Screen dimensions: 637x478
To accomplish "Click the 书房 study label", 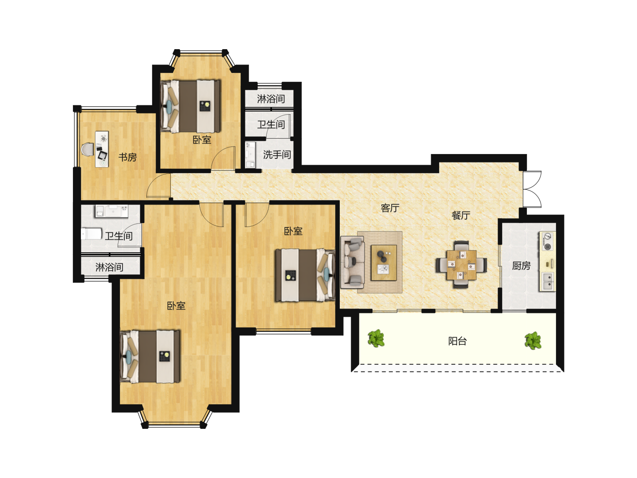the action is pyautogui.click(x=127, y=157).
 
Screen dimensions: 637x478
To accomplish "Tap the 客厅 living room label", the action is pyautogui.click(x=390, y=208).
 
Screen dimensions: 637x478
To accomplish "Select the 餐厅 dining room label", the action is pyautogui.click(x=461, y=215).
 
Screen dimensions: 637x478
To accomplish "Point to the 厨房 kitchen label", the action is pyautogui.click(x=521, y=266).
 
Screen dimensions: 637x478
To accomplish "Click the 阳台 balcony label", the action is pyautogui.click(x=457, y=341).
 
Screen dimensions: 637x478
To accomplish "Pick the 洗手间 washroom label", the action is pyautogui.click(x=277, y=155).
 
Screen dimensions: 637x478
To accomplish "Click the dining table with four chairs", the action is pyautogui.click(x=461, y=265).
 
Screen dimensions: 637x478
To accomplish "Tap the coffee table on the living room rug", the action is pyautogui.click(x=384, y=262).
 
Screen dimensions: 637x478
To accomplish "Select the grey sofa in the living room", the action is pyautogui.click(x=352, y=262).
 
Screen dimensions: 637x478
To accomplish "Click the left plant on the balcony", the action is pyautogui.click(x=376, y=338).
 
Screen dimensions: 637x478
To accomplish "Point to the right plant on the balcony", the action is pyautogui.click(x=533, y=341).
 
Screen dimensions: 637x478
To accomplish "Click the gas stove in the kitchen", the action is pyautogui.click(x=547, y=241).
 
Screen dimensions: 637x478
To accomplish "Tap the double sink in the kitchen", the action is pyautogui.click(x=547, y=281).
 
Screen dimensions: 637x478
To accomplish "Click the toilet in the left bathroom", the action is pyautogui.click(x=92, y=234).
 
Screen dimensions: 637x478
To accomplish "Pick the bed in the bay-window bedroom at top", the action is pyautogui.click(x=191, y=106).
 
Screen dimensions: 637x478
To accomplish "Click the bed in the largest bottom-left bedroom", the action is pyautogui.click(x=150, y=356).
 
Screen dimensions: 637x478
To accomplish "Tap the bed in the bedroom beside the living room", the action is pyautogui.click(x=305, y=275).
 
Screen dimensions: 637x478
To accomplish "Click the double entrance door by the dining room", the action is pyautogui.click(x=533, y=189).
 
